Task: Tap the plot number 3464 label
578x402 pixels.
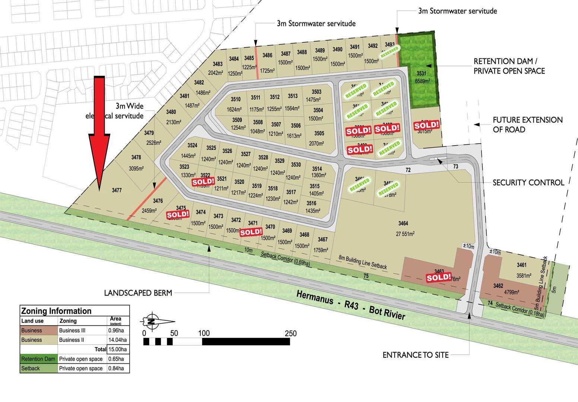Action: pyautogui.click(x=403, y=223)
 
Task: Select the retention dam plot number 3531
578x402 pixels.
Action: pyautogui.click(x=421, y=73)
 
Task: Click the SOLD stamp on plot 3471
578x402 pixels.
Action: pyautogui.click(x=251, y=232)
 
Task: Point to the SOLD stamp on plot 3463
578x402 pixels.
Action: pyautogui.click(x=439, y=277)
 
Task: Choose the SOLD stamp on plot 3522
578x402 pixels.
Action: pyautogui.click(x=203, y=182)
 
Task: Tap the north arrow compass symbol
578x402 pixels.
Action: pyautogui.click(x=157, y=321)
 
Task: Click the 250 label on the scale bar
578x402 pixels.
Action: pyautogui.click(x=290, y=333)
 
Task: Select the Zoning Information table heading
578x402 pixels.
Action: pyautogui.click(x=56, y=311)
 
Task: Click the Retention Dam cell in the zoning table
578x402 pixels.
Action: pyautogui.click(x=38, y=359)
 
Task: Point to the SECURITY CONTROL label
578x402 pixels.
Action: pyautogui.click(x=528, y=183)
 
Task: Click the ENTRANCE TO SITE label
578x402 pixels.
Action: pyautogui.click(x=416, y=355)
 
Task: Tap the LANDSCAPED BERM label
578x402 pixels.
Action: pyautogui.click(x=138, y=293)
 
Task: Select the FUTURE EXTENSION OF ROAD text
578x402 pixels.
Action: pyautogui.click(x=527, y=125)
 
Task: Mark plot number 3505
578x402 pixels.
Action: pyautogui.click(x=319, y=133)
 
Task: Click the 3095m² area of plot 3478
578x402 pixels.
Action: pyautogui.click(x=136, y=169)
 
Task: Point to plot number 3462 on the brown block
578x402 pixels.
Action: pyautogui.click(x=498, y=286)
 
